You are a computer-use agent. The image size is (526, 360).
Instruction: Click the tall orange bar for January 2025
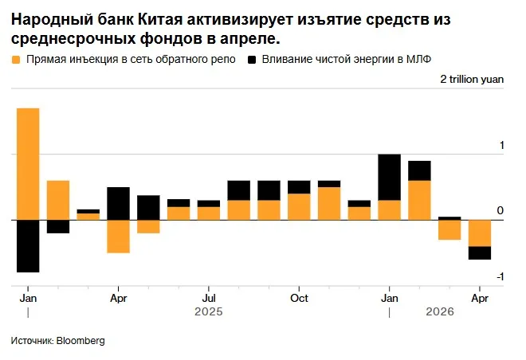click(x=28, y=163)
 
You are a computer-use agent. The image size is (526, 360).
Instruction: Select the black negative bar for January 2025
click(x=28, y=245)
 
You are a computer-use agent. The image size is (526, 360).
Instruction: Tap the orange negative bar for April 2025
click(x=118, y=236)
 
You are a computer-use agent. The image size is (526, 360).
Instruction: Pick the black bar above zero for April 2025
click(x=118, y=203)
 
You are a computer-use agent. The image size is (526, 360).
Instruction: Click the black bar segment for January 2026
click(x=389, y=177)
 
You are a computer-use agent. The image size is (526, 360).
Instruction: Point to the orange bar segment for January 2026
click(x=389, y=209)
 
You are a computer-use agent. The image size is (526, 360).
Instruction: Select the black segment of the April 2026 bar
click(x=479, y=252)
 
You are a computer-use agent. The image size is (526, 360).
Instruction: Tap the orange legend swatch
click(x=17, y=60)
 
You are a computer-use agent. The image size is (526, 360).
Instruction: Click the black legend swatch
click(x=253, y=60)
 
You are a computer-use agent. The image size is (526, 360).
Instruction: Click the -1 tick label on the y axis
click(x=500, y=276)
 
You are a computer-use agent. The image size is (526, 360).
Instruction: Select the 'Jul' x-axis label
click(x=208, y=298)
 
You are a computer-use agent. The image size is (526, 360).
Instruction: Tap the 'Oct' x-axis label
click(x=299, y=298)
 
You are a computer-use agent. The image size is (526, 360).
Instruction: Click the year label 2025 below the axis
click(x=208, y=312)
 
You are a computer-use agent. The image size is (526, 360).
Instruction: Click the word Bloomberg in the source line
click(x=80, y=341)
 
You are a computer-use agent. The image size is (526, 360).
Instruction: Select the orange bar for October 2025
click(x=299, y=206)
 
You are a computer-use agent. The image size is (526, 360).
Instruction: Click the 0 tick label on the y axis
click(x=500, y=211)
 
